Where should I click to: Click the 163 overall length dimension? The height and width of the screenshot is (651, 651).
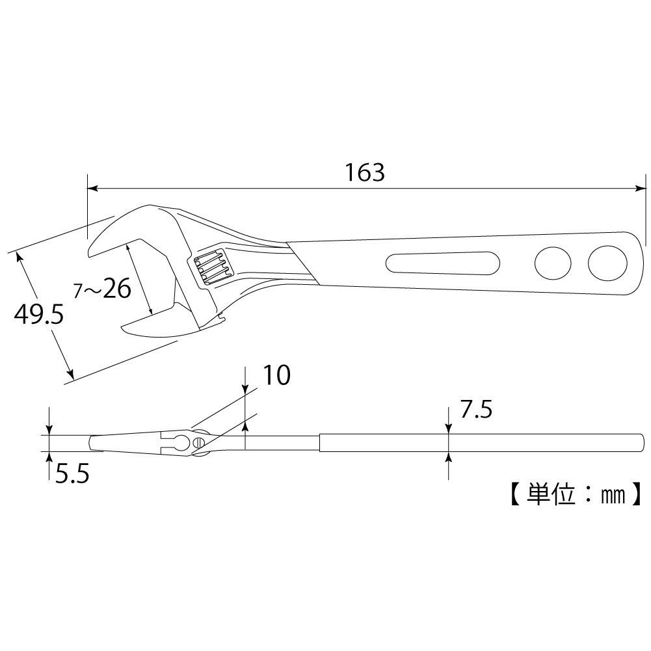[365, 172]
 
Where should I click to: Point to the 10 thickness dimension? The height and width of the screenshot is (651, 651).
[276, 375]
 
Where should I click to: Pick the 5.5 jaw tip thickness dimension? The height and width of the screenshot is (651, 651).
[72, 475]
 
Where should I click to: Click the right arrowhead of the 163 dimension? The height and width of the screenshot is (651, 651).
[639, 189]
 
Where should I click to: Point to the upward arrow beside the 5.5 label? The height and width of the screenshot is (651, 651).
[50, 458]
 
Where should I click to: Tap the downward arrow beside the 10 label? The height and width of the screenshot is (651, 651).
[245, 388]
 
